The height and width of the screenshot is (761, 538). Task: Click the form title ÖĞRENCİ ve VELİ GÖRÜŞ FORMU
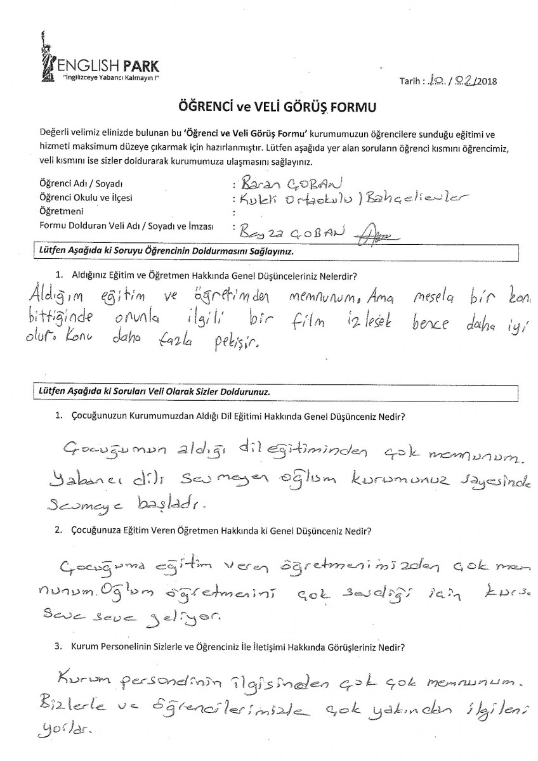click(270, 105)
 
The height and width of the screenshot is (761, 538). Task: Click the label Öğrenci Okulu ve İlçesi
click(86, 198)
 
